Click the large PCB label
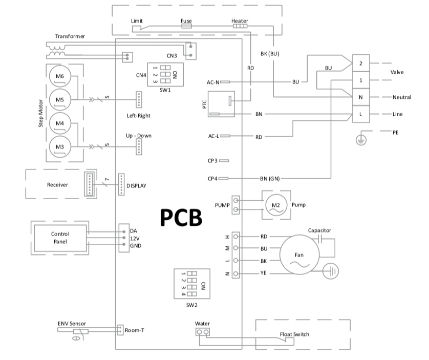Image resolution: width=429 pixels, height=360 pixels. coord(181,217)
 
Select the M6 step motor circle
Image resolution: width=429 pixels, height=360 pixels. coord(60,77)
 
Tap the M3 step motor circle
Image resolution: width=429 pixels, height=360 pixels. coord(60,147)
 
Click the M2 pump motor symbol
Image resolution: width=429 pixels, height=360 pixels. coord(276,205)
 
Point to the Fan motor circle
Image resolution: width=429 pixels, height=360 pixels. coord(299,255)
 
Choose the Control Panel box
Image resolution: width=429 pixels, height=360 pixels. coord(60,238)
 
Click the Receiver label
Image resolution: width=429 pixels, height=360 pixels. coord(57,185)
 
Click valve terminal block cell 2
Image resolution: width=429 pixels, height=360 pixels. coord(360,63)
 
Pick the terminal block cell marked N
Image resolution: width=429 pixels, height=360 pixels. coord(360,97)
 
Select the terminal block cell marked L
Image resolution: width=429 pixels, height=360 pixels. coord(360,114)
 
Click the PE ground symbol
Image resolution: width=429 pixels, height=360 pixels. coord(360,139)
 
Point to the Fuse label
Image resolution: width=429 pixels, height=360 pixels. coord(186,21)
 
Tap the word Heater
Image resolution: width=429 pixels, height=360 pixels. coord(240,21)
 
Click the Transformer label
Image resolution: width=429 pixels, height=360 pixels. coord(70,36)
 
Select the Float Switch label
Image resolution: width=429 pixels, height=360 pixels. coord(294,334)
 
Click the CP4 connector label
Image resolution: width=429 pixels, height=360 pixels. coord(213,178)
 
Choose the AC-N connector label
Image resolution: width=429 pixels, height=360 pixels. coord(213,82)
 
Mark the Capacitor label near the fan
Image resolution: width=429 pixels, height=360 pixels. coord(319,230)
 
